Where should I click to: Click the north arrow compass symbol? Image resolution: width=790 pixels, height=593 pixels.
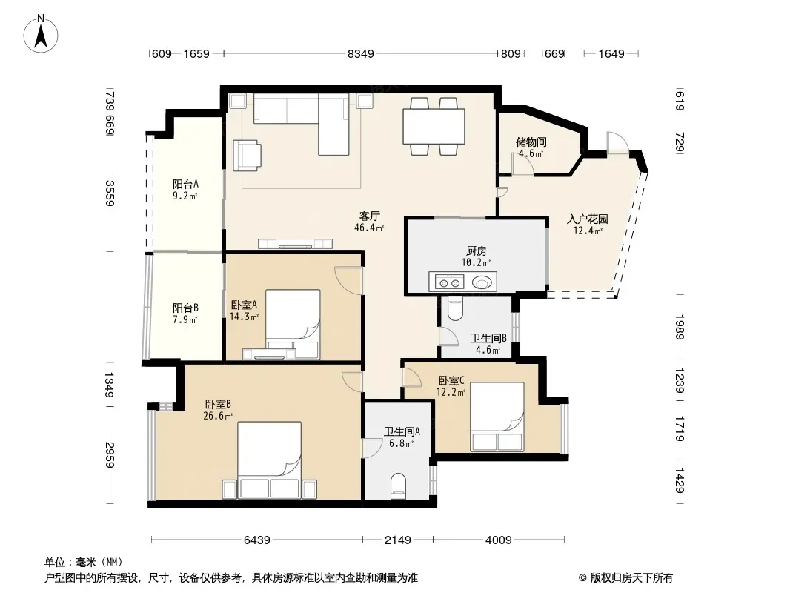pos(41,33)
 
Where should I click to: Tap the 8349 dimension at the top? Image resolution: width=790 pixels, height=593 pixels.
pos(361,53)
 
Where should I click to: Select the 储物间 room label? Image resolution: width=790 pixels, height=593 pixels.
pos(531,142)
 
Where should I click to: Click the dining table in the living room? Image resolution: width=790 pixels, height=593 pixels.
pos(434,126)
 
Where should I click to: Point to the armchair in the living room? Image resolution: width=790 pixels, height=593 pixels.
pos(247,155)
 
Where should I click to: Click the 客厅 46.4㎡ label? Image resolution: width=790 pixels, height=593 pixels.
pos(369,222)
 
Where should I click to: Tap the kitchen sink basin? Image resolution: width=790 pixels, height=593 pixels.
pos(482,282)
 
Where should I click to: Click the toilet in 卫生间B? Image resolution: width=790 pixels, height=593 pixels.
pos(454,309)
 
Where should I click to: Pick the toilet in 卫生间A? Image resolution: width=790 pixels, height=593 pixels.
pos(399,486)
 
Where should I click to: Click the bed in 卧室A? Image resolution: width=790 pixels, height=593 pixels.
pos(293,324)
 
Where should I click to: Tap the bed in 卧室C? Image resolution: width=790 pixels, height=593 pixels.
pos(497,416)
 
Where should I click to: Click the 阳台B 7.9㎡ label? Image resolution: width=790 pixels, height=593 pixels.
pos(185,314)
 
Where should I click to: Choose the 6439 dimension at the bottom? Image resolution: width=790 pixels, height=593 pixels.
pos(257,540)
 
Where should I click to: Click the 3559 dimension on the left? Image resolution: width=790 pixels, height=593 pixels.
pos(110,193)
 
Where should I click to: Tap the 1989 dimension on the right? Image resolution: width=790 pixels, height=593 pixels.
pos(680,327)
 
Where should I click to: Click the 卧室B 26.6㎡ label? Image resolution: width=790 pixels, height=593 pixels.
pos(218,410)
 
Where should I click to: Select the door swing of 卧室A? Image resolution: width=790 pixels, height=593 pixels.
pos(348,279)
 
